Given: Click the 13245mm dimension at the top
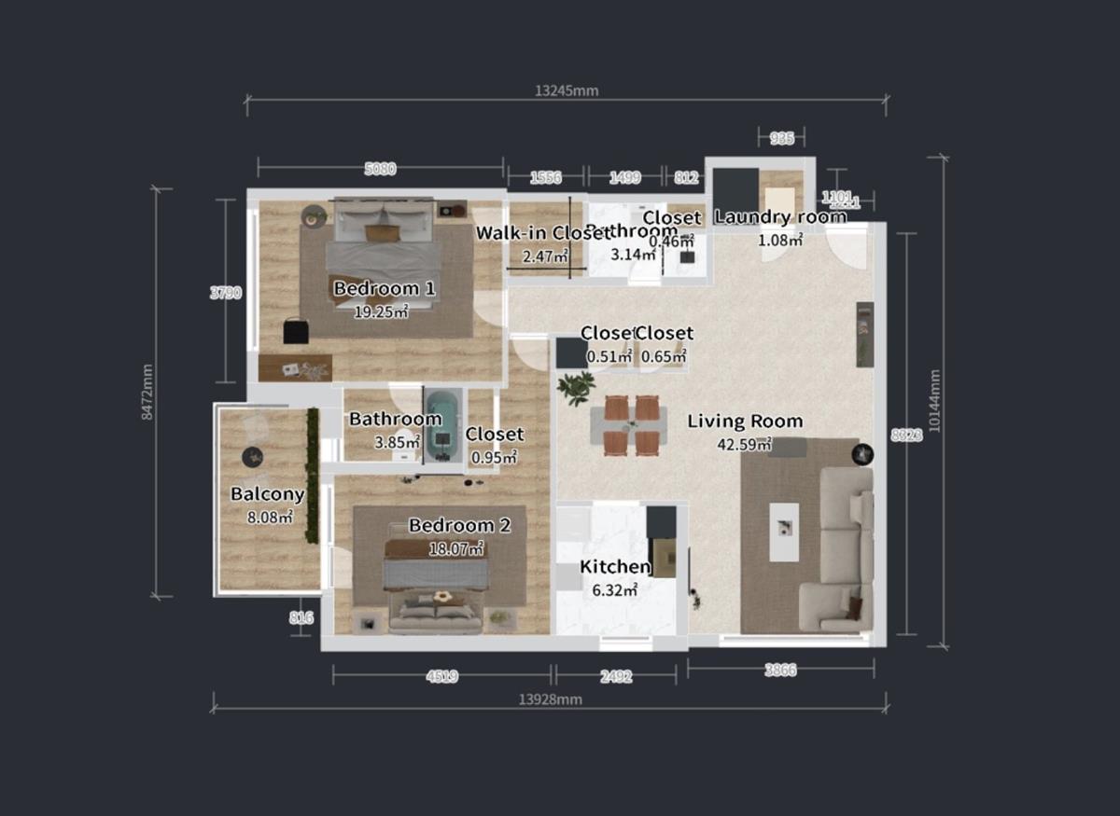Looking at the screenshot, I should click(x=566, y=90).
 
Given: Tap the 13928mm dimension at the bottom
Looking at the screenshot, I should click(x=551, y=699).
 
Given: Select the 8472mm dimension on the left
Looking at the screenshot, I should click(x=147, y=392).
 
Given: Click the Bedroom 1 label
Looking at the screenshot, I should click(x=384, y=288).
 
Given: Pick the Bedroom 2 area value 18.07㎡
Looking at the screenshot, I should click(x=455, y=549).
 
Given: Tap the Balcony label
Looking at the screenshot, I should click(x=268, y=494).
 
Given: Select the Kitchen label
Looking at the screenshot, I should click(x=615, y=567).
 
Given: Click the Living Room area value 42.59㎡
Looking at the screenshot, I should click(x=744, y=444).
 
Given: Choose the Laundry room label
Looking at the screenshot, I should click(x=780, y=217).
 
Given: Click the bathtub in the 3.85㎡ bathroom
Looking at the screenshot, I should click(x=443, y=426).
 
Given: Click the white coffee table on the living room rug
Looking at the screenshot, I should click(x=784, y=532).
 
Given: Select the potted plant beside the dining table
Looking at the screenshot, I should click(x=576, y=386).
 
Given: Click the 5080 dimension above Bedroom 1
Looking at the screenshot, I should click(x=380, y=169).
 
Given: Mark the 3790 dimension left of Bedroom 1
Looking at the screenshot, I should click(x=225, y=292).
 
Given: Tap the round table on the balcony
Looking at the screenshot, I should click(x=252, y=457).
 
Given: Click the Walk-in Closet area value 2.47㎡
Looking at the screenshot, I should click(x=543, y=256).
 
